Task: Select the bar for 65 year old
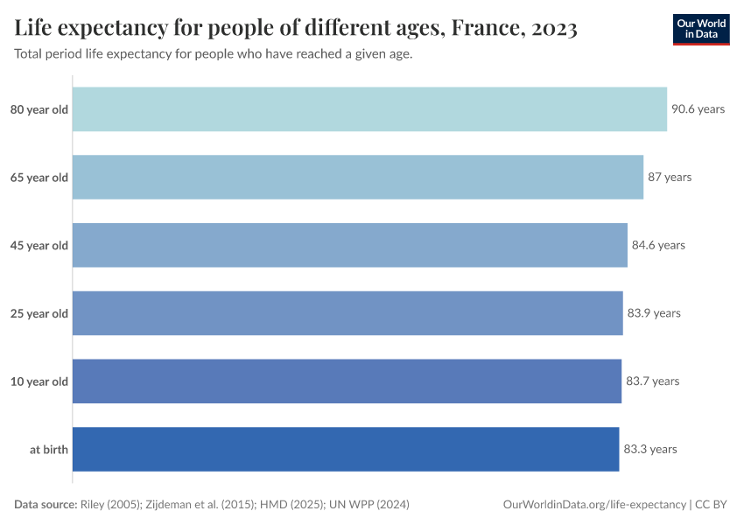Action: pos(357,177)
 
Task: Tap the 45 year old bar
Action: pos(349,245)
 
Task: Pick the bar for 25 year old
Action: pos(347,313)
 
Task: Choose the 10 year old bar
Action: pos(347,381)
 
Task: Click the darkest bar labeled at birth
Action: pos(346,449)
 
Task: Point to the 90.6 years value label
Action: pos(698,109)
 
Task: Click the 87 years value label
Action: pos(670,177)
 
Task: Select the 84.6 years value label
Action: pos(658,245)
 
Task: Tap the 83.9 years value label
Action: pos(654,313)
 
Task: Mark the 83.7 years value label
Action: pos(652,381)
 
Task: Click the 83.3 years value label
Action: pos(650,449)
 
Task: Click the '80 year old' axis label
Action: pos(39,109)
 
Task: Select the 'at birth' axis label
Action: pos(49,449)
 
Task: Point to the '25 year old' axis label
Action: pos(39,313)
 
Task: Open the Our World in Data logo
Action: pos(701,29)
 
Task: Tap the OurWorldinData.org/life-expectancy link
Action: pos(595,505)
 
